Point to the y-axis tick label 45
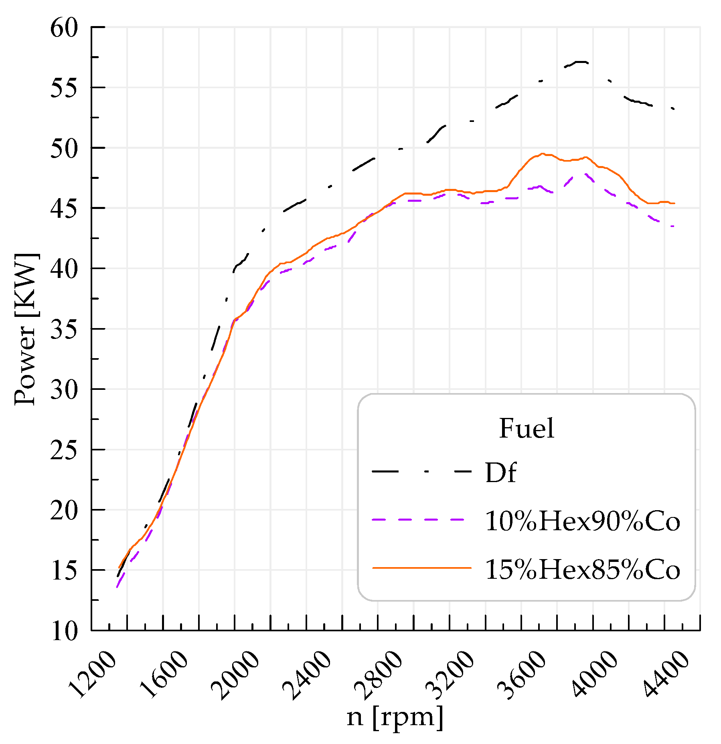[64, 209]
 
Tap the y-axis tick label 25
[64, 450]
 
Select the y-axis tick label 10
[64, 631]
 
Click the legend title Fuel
[527, 428]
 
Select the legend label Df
[500, 472]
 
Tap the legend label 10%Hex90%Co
[582, 521]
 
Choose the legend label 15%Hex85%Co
[582, 569]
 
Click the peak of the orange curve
[543, 154]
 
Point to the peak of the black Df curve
[581, 62]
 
